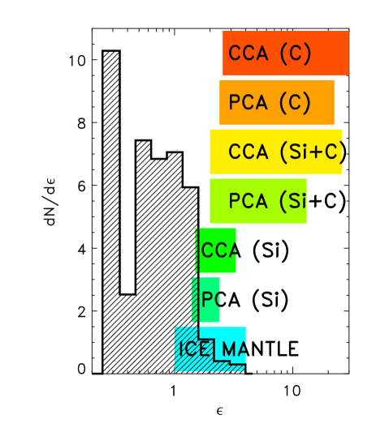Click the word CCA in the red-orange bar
pos(248,54)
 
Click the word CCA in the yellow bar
pos(248,152)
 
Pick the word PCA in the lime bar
pos(248,201)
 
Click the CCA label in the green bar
pos(218,250)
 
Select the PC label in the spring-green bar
pos(210,299)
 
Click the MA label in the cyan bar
pos(233,350)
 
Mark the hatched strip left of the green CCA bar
pos(197,250)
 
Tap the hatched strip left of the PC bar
pos(195,299)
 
